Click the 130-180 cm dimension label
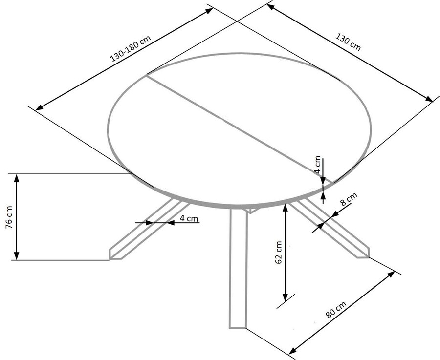[x=131, y=48]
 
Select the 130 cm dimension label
[x=348, y=42]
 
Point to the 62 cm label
[x=279, y=252]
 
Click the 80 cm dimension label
[x=336, y=310]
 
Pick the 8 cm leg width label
[x=349, y=199]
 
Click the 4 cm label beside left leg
[x=189, y=218]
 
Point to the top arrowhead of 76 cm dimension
[x=17, y=178]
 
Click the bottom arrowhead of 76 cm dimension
[x=17, y=256]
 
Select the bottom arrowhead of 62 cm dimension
[x=286, y=297]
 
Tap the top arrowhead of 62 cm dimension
[x=286, y=208]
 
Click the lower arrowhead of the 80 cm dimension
[x=292, y=350]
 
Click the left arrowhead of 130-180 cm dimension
[x=39, y=107]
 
